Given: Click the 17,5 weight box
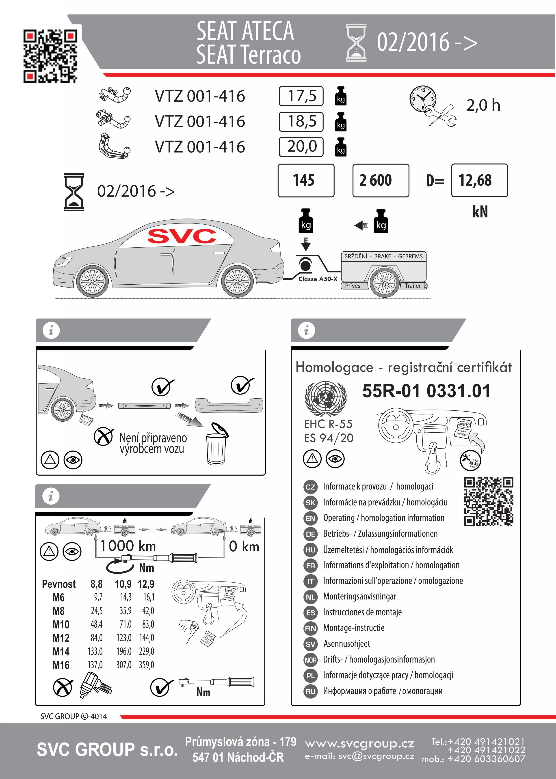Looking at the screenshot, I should (x=301, y=96).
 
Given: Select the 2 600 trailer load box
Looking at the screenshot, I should (x=380, y=180).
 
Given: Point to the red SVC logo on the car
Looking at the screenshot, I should (x=182, y=236).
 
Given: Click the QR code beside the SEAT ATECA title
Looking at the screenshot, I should (x=50, y=56).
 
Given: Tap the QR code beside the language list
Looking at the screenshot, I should (x=489, y=502).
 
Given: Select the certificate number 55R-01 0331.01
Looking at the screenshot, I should (x=426, y=391).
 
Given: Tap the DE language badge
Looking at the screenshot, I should (x=310, y=534).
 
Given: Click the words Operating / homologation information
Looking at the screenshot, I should (x=383, y=518).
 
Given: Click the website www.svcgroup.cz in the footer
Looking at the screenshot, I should (x=359, y=743).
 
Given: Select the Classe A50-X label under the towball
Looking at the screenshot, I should (x=318, y=279).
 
